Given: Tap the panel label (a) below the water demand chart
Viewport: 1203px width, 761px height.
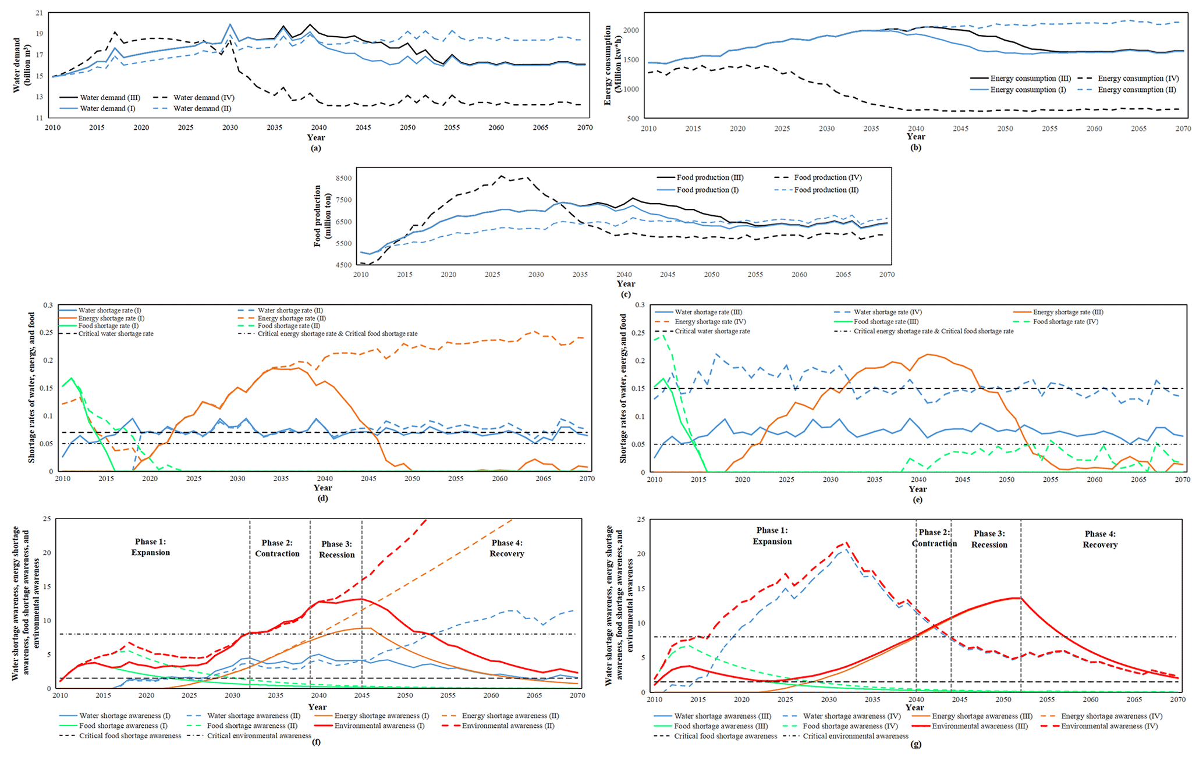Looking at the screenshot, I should point(315,148).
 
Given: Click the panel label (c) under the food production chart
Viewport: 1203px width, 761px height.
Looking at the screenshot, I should point(626,294).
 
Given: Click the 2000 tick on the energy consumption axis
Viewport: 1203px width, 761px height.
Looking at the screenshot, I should point(632,30).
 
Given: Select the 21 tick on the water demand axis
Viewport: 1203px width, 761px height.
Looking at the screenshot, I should point(39,13).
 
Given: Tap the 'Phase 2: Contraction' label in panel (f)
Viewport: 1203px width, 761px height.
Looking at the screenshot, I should point(277,548).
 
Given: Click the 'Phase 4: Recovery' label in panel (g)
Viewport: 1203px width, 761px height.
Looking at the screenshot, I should point(1100,539).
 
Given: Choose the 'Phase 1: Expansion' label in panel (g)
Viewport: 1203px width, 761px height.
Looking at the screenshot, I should point(772,536).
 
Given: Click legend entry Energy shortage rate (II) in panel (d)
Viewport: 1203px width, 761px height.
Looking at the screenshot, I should point(292,318).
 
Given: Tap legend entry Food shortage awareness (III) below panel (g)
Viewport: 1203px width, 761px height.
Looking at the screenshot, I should point(721,726).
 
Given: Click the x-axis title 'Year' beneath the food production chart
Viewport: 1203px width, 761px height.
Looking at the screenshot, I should point(626,284).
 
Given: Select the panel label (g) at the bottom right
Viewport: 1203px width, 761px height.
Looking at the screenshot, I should point(915,744).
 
